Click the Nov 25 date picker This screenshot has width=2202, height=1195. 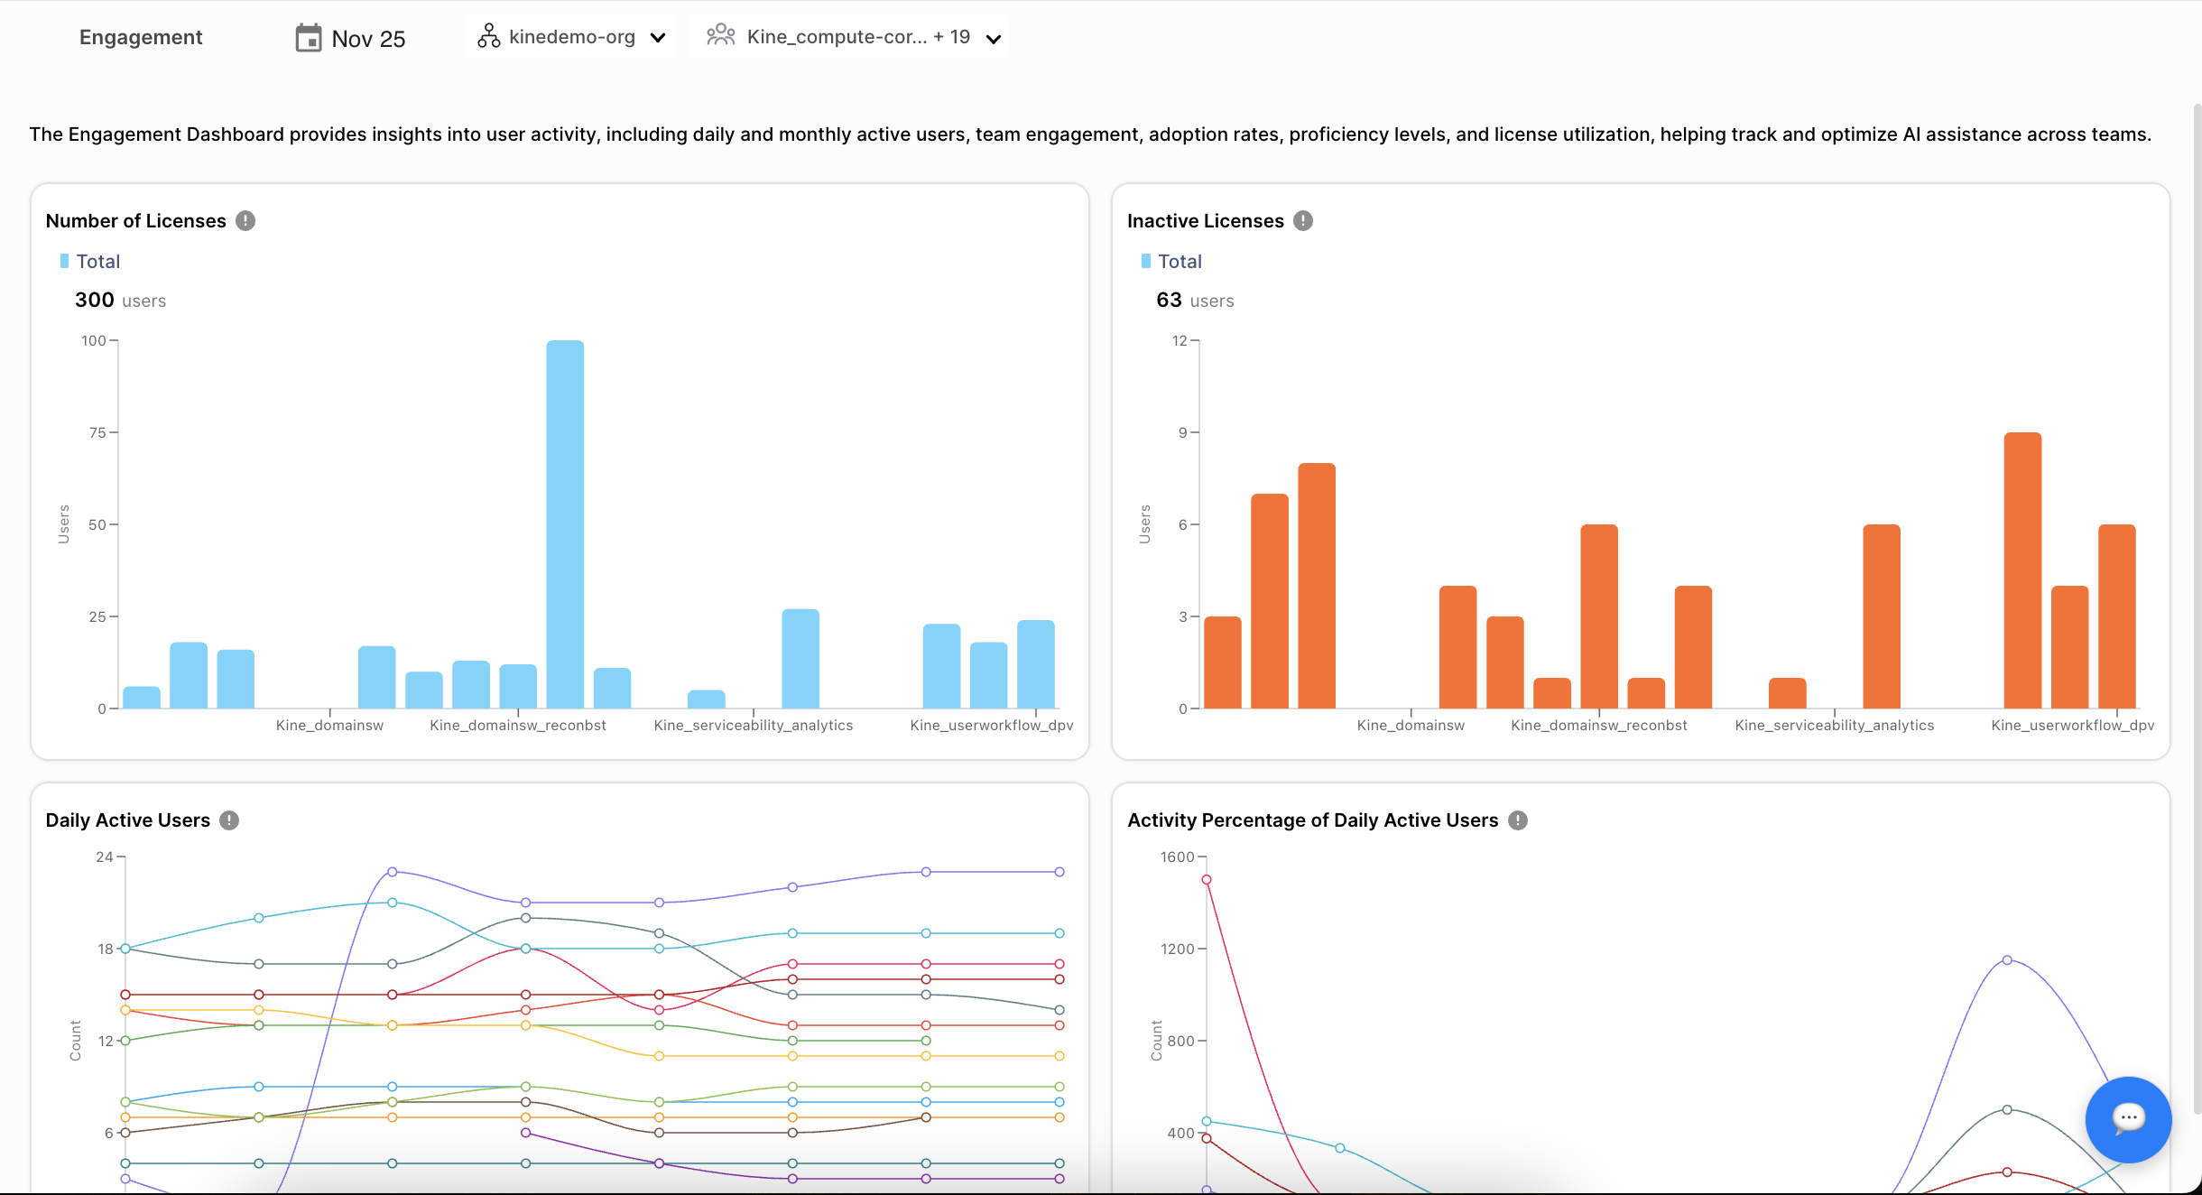tap(351, 38)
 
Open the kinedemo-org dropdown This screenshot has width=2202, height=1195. tap(571, 37)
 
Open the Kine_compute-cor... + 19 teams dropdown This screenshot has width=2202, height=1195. tap(852, 37)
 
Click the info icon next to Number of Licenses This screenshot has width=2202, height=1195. tap(245, 221)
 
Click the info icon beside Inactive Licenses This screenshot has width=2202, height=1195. tap(1303, 221)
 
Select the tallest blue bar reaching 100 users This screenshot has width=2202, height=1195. tap(565, 523)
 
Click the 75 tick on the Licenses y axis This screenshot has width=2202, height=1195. tap(97, 432)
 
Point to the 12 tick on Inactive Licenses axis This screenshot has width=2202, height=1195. tap(1180, 340)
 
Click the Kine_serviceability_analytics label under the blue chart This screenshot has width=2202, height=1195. tap(754, 726)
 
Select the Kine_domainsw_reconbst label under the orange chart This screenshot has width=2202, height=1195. tap(1598, 726)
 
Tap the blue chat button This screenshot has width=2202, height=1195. tap(2128, 1119)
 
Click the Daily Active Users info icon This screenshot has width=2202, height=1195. tap(229, 820)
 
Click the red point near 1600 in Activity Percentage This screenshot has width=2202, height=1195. tap(1207, 880)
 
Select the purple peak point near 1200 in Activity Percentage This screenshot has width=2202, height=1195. tap(2007, 960)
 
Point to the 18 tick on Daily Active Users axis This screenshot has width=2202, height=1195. tap(106, 949)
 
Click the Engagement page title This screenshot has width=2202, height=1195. tap(141, 38)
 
